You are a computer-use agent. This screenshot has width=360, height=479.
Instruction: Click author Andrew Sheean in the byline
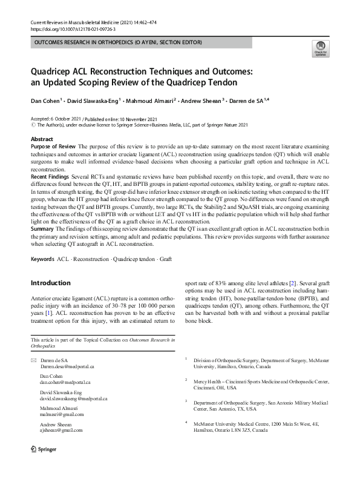point(202,100)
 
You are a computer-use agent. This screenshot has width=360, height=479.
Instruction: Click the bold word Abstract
point(42,139)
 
